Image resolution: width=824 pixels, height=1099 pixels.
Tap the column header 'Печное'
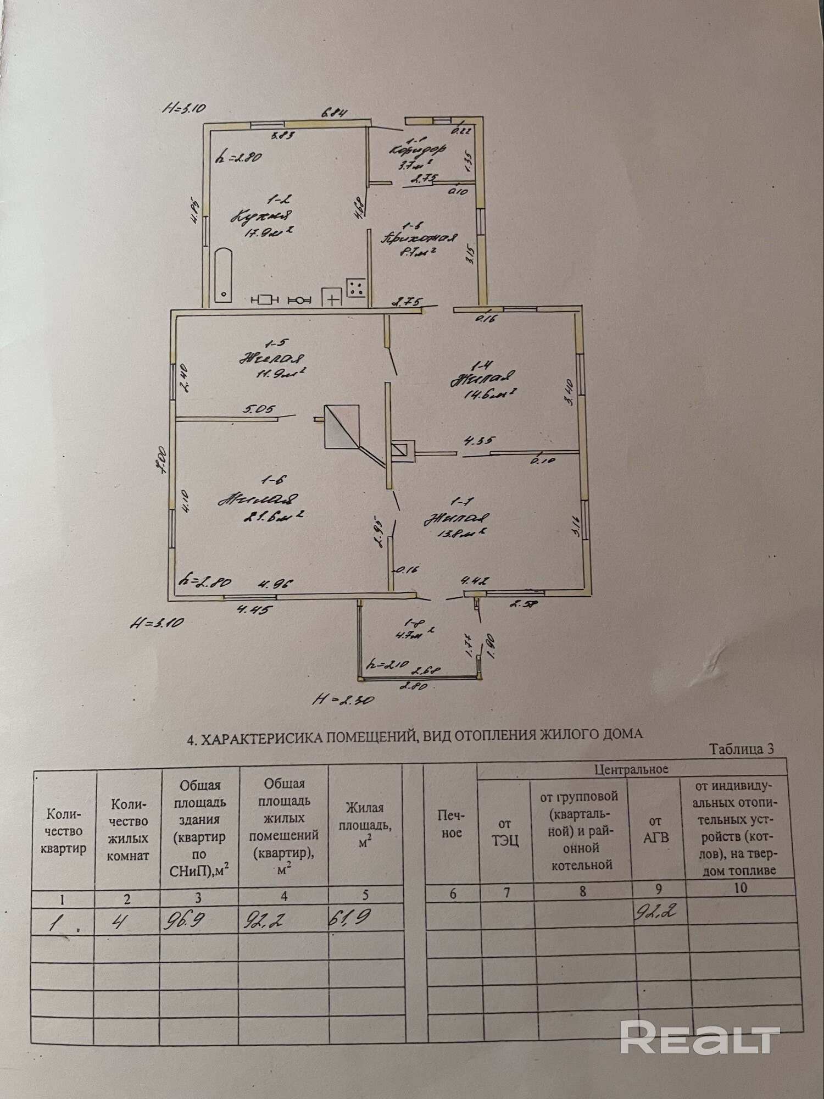coord(452,825)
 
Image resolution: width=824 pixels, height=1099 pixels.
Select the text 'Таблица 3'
coord(742,749)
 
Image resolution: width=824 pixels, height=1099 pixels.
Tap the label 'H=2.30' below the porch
coord(336,700)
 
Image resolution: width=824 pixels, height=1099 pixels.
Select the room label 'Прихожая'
coord(420,238)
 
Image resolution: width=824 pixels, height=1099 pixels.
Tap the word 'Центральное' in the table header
coord(631,769)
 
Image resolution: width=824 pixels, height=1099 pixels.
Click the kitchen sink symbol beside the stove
coord(332,298)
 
